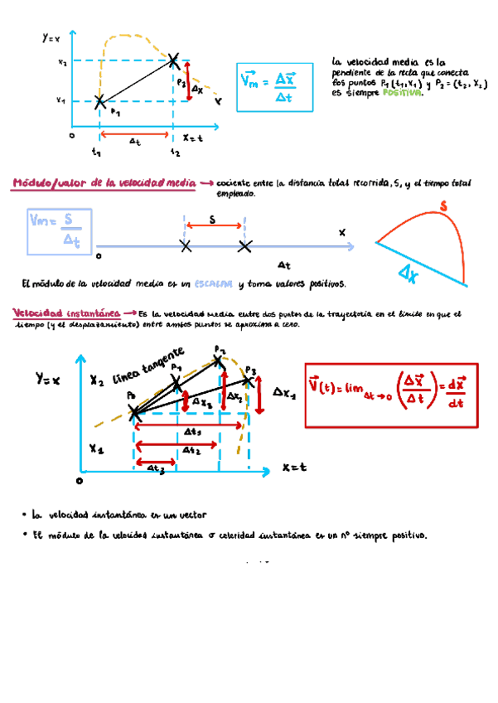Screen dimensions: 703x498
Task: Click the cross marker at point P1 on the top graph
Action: (99, 102)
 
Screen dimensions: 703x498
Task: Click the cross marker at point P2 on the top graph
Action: (173, 60)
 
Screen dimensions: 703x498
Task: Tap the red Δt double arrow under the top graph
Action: (136, 133)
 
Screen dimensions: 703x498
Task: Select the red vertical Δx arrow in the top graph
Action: (190, 81)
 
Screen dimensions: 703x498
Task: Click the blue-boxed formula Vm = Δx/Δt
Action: (275, 87)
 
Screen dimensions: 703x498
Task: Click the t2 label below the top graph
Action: (175, 153)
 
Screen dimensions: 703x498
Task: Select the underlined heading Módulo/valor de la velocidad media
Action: (104, 182)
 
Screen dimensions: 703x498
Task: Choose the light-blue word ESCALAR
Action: (214, 284)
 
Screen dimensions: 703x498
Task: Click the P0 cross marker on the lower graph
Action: (135, 416)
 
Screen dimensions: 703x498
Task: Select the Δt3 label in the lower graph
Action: (157, 468)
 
